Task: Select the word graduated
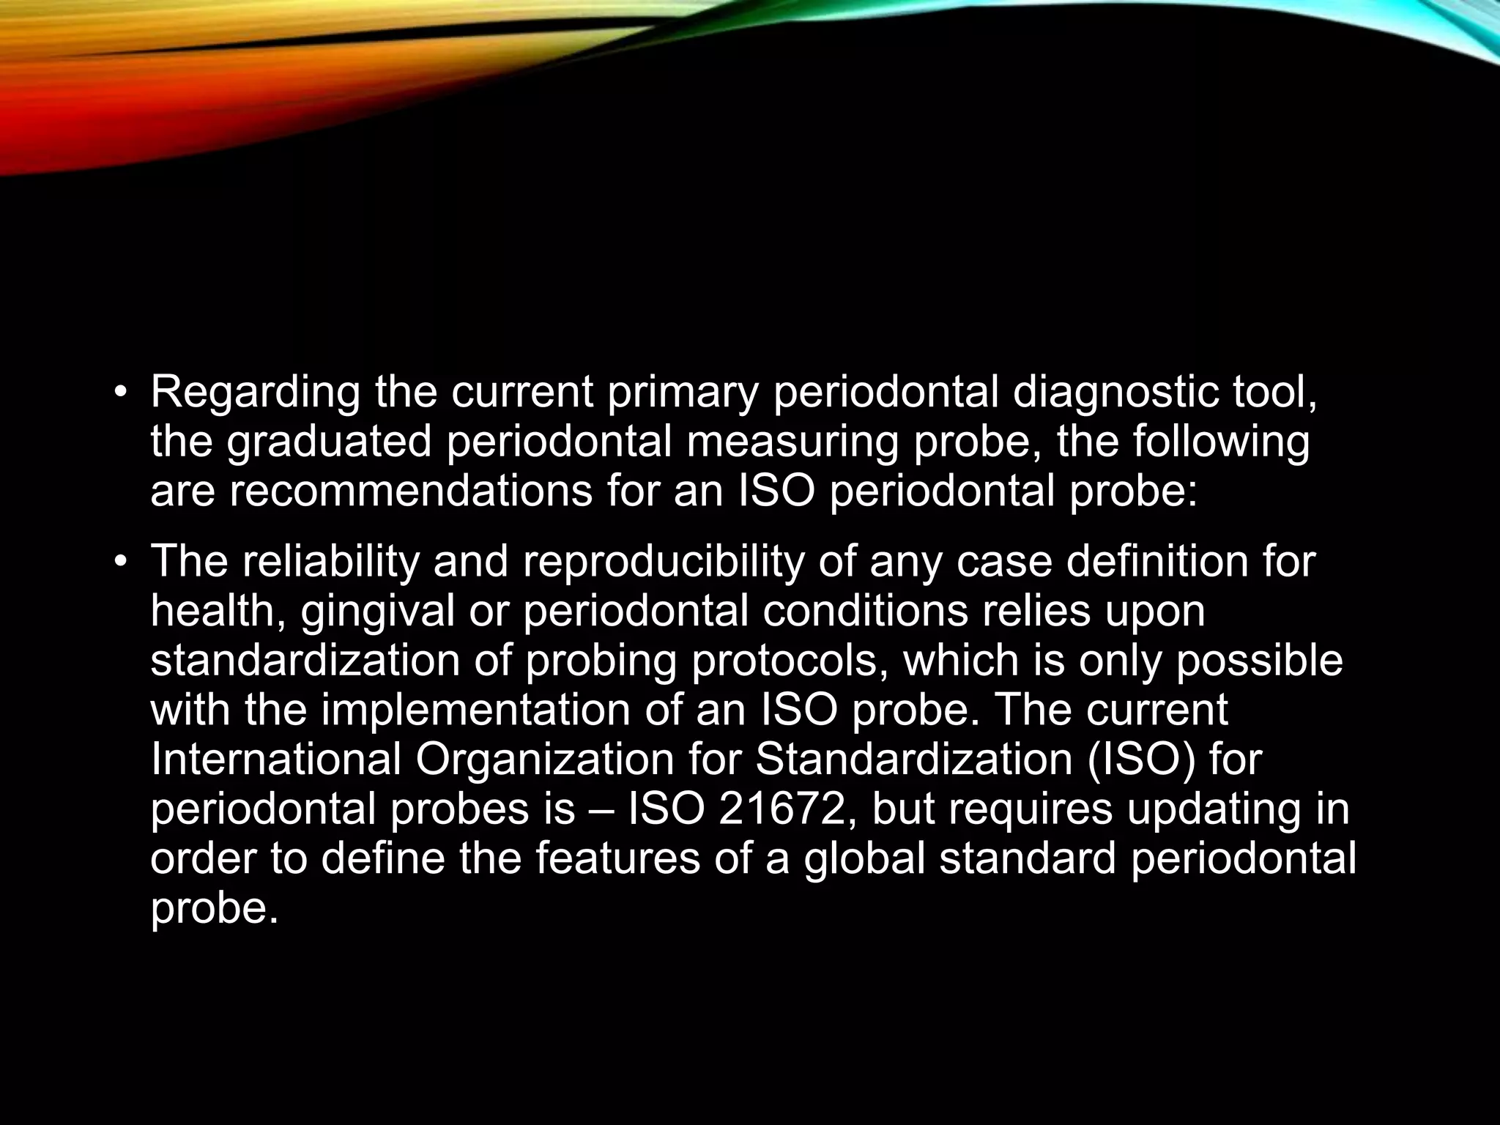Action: click(329, 442)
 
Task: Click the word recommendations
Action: click(411, 491)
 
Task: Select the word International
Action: click(275, 759)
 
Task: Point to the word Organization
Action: click(544, 759)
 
